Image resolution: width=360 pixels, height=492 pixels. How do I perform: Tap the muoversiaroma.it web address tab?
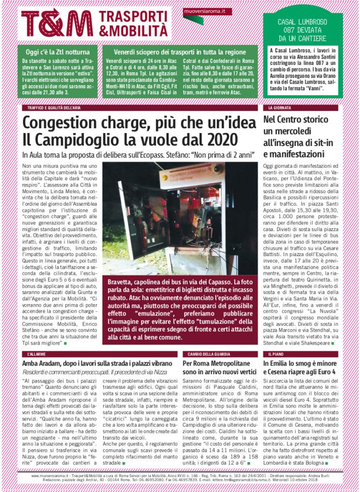tap(201, 11)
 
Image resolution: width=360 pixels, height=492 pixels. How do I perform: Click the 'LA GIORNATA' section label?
tap(277, 108)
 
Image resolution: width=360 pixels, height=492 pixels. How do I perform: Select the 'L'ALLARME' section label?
tap(37, 354)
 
